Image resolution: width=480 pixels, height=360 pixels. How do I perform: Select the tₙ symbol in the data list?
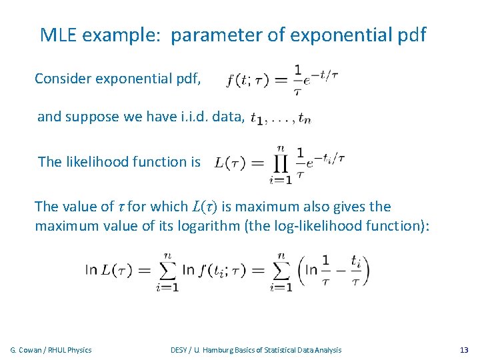tap(305, 119)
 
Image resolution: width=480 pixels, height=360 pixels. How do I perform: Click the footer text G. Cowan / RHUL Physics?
tap(51, 350)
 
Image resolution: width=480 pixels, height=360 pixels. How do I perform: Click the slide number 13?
tap(464, 350)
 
